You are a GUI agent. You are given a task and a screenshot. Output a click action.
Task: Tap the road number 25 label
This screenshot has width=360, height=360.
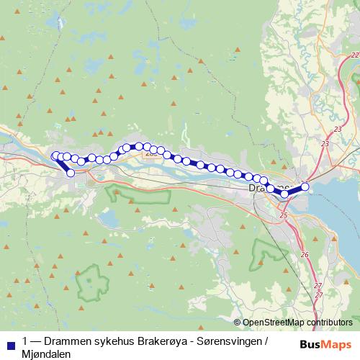[283, 215]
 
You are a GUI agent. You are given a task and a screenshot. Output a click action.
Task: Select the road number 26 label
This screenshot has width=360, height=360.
[305, 255]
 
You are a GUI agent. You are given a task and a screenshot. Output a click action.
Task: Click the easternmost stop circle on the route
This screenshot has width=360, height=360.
[305, 187]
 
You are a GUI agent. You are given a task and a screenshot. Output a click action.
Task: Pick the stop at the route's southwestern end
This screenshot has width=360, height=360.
[71, 173]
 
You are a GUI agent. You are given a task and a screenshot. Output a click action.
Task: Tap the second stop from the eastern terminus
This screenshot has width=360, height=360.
[285, 194]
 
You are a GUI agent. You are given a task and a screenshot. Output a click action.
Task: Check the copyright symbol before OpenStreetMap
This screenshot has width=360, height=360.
[238, 323]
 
